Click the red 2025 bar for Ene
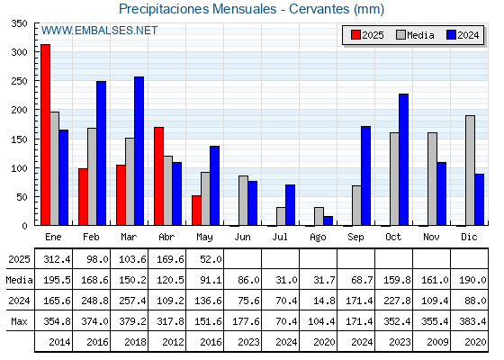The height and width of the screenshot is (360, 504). [x=45, y=135]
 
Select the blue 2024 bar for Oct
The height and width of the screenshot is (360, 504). [x=404, y=159]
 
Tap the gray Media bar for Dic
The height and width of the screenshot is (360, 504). [x=470, y=170]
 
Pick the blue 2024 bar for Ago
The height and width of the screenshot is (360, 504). [x=328, y=220]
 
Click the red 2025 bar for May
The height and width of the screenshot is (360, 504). [x=196, y=211]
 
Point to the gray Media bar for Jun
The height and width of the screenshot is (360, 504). [x=243, y=201]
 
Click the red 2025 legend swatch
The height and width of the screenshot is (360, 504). [x=355, y=35]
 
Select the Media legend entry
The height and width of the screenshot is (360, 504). [x=415, y=35]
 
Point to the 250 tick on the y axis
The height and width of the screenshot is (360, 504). [x=19, y=81]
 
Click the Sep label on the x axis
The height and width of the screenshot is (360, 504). [x=355, y=237]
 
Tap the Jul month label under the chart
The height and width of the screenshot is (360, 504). [x=280, y=237]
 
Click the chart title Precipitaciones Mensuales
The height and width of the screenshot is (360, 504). [x=197, y=9]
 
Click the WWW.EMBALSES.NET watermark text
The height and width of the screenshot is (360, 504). [x=99, y=31]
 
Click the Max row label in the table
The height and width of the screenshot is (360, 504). [x=19, y=321]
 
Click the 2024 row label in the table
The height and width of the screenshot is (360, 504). [x=19, y=301]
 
